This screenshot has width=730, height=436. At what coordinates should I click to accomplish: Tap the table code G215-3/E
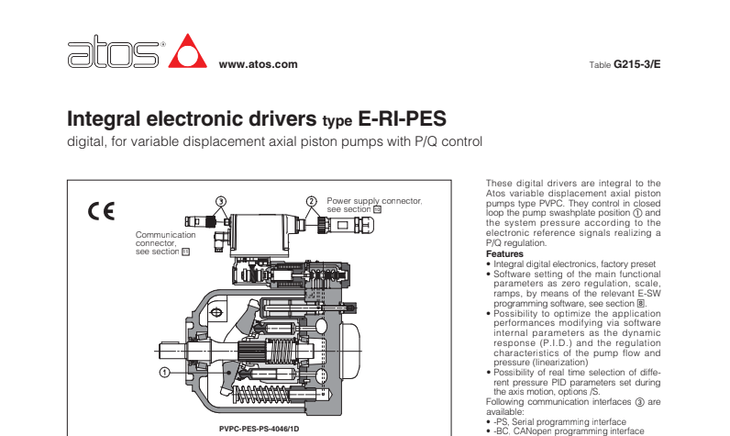tap(636, 64)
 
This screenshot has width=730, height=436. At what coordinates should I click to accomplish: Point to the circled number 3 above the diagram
tap(220, 200)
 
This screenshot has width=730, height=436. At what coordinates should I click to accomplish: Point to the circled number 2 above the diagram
tap(311, 200)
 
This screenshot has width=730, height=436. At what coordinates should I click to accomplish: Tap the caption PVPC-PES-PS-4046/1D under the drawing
tap(258, 428)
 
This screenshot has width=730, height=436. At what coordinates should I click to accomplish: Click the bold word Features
tap(503, 254)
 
